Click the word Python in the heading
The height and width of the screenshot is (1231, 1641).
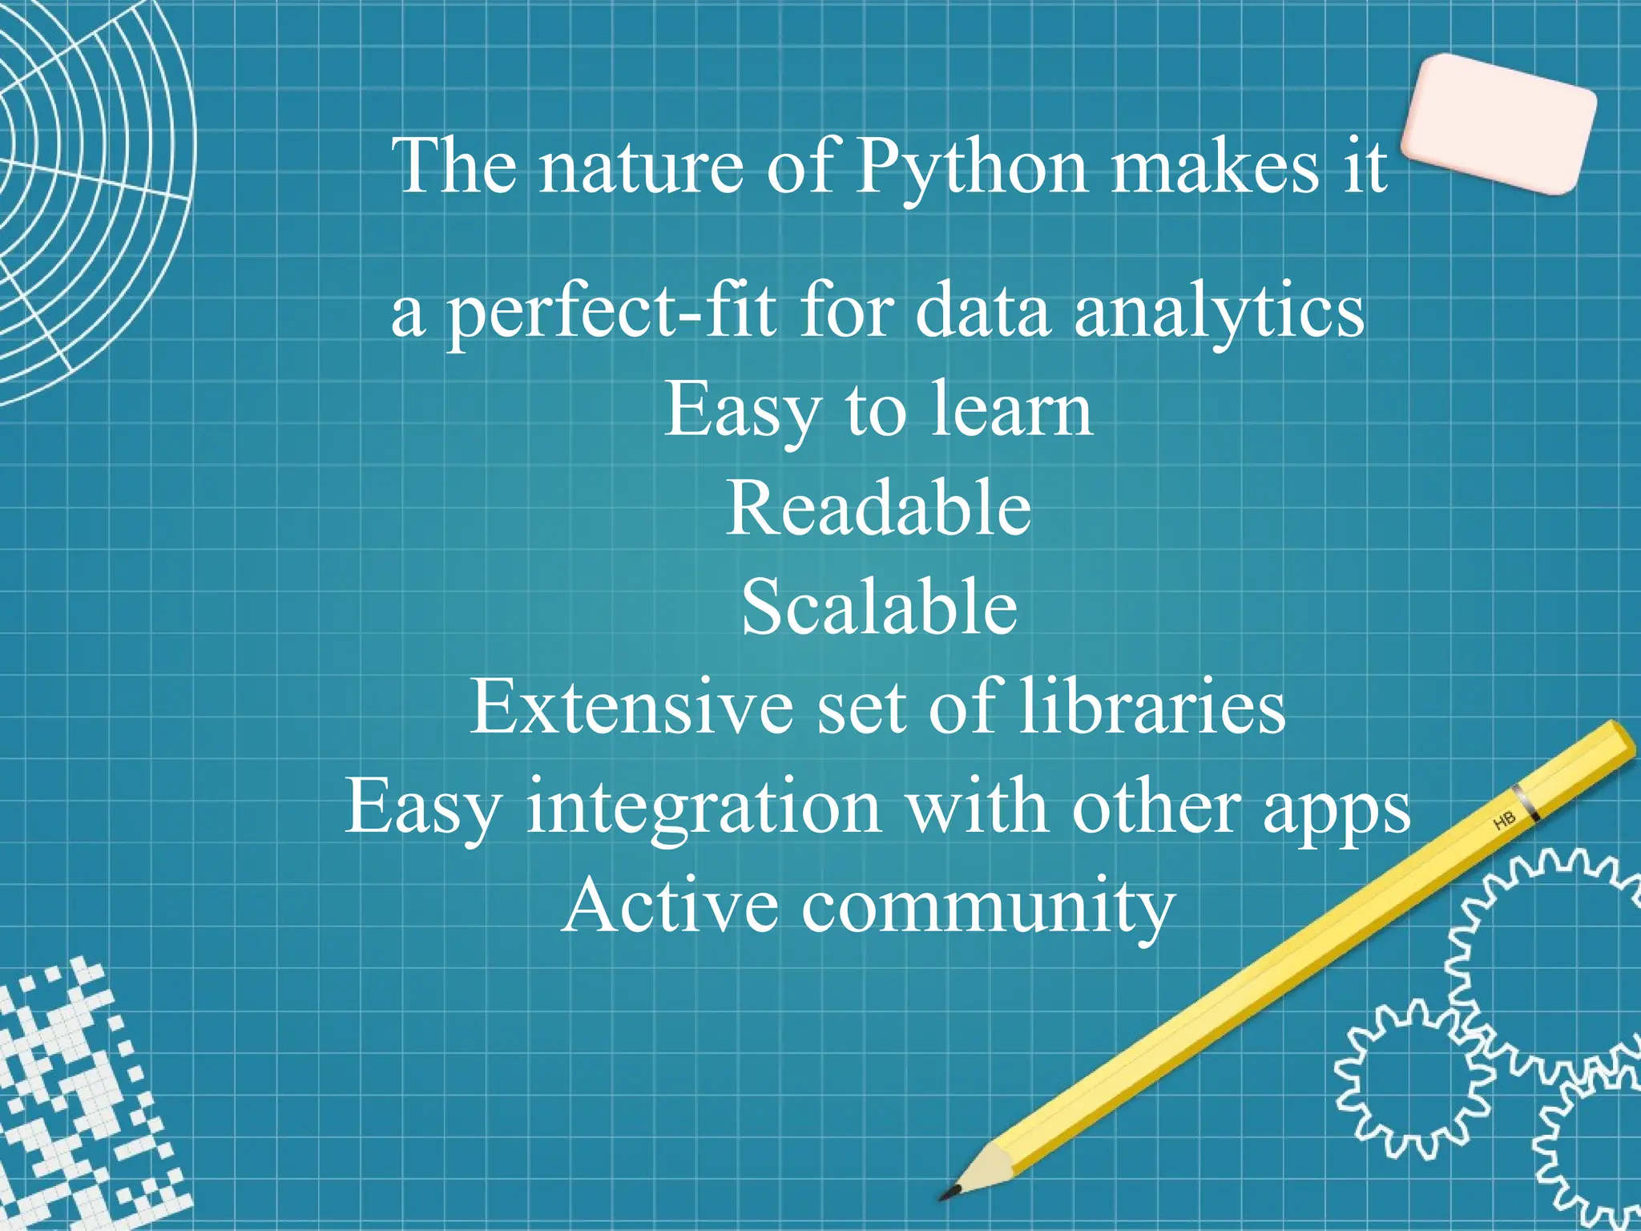[x=972, y=168]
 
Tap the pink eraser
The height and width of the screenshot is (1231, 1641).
[x=1498, y=123]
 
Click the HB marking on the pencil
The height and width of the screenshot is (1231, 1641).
[x=1504, y=821]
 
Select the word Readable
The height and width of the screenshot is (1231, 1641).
[x=878, y=509]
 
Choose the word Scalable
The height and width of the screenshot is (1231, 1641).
[x=879, y=607]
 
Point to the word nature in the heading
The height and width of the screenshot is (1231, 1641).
[x=641, y=168]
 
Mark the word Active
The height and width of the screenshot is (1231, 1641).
[x=670, y=906]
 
